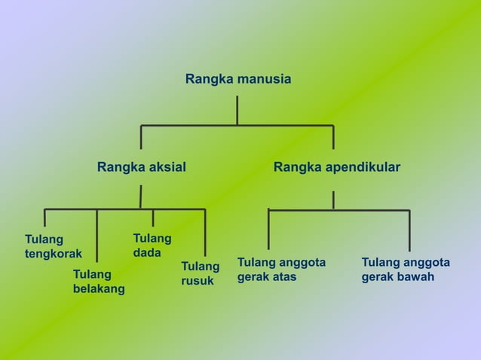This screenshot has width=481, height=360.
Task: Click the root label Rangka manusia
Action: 238,79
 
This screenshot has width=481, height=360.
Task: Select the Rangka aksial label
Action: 141,166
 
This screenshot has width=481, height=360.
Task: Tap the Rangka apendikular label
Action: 336,166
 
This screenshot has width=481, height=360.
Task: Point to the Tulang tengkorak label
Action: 53,246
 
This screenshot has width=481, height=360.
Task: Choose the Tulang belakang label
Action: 99,281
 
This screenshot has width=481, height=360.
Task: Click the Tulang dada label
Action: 152,246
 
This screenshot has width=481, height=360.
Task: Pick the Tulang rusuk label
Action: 200,273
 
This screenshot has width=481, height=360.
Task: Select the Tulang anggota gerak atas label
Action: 281,269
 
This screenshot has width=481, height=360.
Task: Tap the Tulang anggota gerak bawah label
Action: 406,269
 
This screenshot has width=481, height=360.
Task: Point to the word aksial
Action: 167,166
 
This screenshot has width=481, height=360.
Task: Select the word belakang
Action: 99,288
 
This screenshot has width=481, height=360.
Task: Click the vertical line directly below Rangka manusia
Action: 237,110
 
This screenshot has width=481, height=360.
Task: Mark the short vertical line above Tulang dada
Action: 153,218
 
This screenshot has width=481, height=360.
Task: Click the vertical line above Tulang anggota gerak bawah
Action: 409,230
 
